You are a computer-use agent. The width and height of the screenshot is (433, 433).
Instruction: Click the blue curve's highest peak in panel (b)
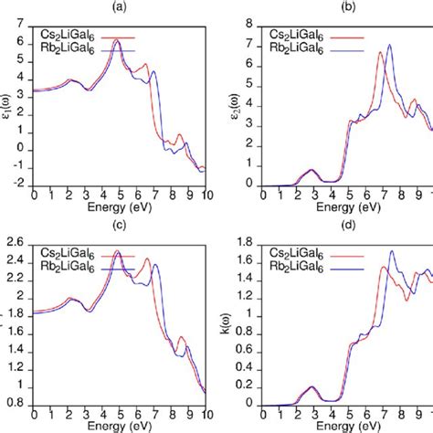click(389, 45)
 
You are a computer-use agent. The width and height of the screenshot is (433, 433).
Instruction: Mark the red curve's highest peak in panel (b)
click(380, 52)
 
